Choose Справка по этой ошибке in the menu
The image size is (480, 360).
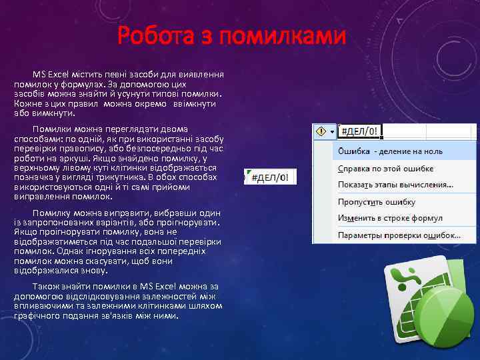click(x=385, y=169)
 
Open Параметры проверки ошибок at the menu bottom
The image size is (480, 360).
click(x=399, y=235)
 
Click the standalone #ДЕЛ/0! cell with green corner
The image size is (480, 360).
click(x=271, y=178)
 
